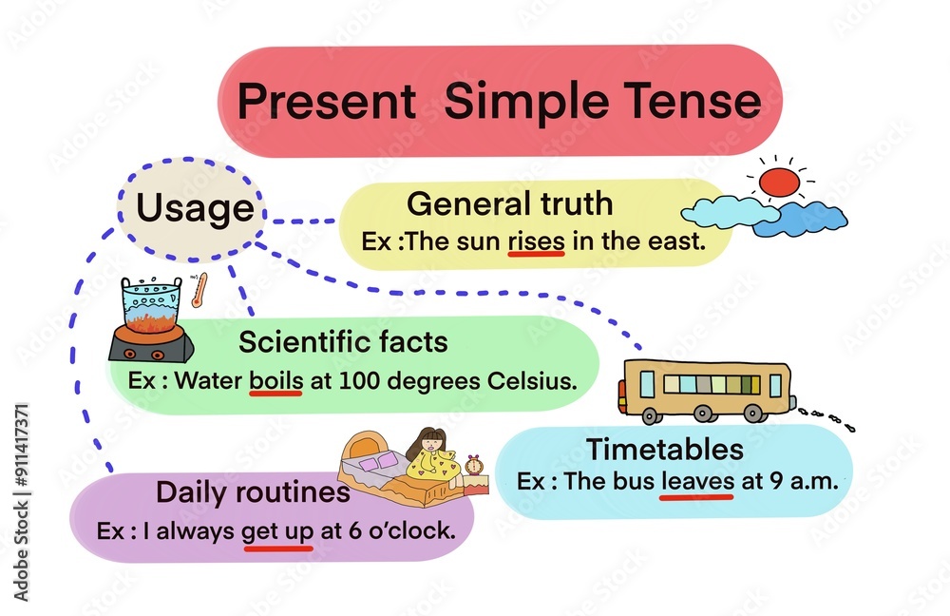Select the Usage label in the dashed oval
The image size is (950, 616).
(x=195, y=207)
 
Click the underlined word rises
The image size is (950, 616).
(x=536, y=241)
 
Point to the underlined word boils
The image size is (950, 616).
(x=275, y=382)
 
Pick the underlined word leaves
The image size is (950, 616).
(x=697, y=481)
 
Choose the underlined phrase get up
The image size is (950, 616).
(x=277, y=530)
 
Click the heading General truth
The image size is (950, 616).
(x=509, y=203)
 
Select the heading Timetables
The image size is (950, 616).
(x=664, y=449)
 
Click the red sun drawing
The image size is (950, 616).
(x=780, y=182)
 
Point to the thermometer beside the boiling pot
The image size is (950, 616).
(x=199, y=291)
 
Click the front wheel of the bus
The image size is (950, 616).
(x=652, y=414)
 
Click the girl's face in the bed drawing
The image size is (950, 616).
(x=432, y=445)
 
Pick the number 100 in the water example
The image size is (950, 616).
(x=339, y=382)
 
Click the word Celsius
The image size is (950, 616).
(x=530, y=382)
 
